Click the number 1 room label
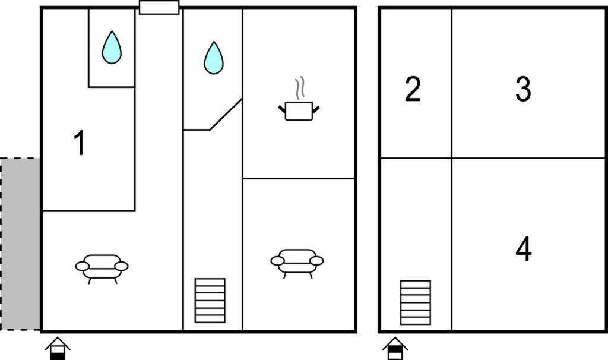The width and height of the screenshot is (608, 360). click(x=80, y=143)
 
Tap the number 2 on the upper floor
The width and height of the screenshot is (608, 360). click(x=413, y=89)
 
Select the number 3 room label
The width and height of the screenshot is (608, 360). click(x=523, y=89)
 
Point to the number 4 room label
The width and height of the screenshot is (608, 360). click(x=524, y=249)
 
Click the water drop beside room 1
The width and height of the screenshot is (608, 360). click(x=112, y=48)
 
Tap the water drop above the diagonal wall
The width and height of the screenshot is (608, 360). click(x=214, y=58)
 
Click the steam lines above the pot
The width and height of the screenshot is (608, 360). click(x=299, y=88)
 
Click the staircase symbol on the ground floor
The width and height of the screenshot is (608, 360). click(x=210, y=301)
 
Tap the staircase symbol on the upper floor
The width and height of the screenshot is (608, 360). click(x=415, y=302)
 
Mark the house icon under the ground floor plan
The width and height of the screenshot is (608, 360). click(x=58, y=348)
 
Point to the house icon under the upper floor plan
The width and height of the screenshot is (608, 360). click(x=395, y=348)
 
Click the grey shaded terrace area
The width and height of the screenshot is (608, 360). click(x=20, y=244)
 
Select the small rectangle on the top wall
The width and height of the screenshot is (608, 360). click(x=159, y=7)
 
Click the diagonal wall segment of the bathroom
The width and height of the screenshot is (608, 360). click(x=226, y=115)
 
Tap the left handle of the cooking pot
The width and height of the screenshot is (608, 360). click(x=282, y=109)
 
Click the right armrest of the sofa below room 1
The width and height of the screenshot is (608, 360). click(x=121, y=266)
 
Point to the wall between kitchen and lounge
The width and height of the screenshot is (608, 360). click(x=299, y=178)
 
